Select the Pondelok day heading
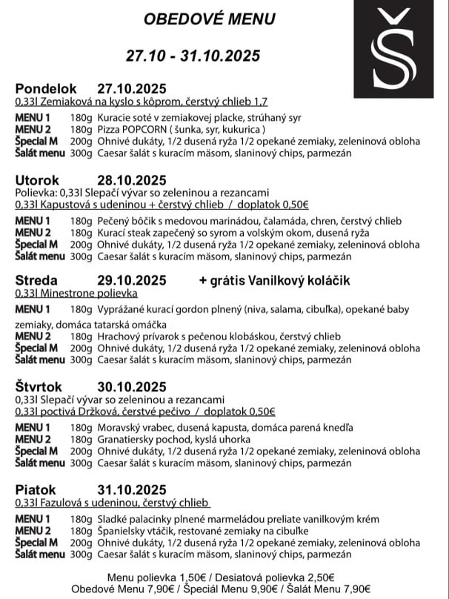47,88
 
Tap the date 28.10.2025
131,179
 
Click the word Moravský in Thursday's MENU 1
120,428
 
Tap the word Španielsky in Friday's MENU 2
122,531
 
